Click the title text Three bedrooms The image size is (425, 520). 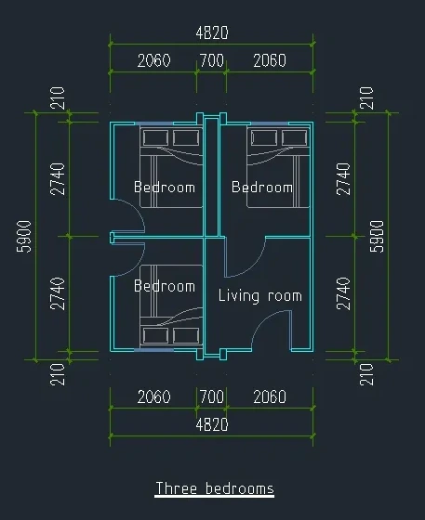[215, 488]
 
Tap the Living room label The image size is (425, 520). [260, 295]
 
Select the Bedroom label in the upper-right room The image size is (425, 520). [262, 187]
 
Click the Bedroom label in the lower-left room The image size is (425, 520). [165, 286]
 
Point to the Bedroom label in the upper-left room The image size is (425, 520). [165, 187]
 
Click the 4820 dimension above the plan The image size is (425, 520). [212, 33]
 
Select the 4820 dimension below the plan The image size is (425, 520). [212, 425]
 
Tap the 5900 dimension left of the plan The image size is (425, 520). [24, 236]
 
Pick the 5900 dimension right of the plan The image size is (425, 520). [377, 236]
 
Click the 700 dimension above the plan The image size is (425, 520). [212, 60]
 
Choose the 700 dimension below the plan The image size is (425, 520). [212, 397]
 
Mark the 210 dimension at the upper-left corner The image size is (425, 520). [58, 97]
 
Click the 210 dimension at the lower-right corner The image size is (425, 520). [366, 374]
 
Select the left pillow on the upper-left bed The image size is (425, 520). [155, 137]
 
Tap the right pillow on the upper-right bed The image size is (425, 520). [294, 137]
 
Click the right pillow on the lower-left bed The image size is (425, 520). [186, 335]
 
